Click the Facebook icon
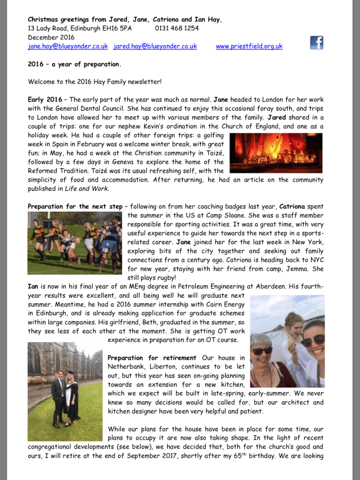point(316,42)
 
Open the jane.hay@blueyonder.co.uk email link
point(67,46)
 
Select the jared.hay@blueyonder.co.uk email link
point(155,46)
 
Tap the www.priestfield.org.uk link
point(249,46)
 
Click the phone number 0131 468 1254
point(177,28)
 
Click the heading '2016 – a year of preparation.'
point(74,64)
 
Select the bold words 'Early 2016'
point(45,100)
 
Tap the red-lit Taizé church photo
point(276,152)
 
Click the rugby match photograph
point(75,243)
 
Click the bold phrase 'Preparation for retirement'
point(151,358)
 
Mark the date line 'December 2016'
point(51,37)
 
